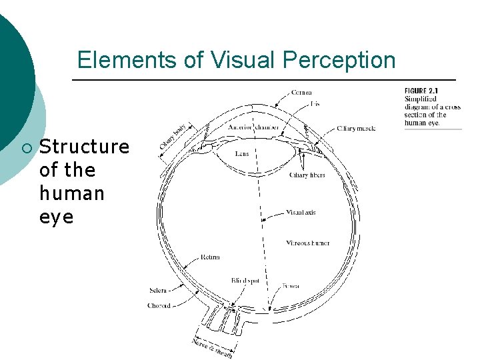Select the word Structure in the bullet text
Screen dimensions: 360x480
tap(85, 147)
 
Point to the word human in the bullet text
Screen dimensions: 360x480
tap(72, 193)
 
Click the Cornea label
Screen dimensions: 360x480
tap(301, 92)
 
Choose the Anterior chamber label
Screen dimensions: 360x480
tap(253, 127)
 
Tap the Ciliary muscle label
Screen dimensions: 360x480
tap(357, 127)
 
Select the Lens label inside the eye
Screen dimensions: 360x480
tap(242, 153)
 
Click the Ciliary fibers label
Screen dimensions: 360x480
tap(307, 175)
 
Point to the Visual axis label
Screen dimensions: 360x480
tap(301, 213)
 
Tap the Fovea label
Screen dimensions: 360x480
tap(291, 285)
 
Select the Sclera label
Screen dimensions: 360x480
tap(158, 291)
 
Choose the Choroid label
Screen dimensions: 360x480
tap(159, 306)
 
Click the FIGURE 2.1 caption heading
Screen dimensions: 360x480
tap(421, 91)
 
